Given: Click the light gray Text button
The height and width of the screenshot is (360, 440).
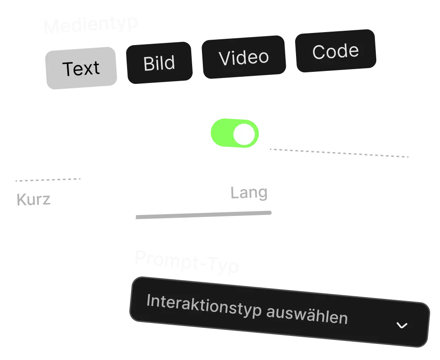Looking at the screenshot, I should (81, 69).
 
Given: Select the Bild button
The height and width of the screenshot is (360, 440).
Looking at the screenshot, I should (159, 63).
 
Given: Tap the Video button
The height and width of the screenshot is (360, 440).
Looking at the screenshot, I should (243, 58).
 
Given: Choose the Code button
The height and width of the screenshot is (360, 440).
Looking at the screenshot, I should (335, 52).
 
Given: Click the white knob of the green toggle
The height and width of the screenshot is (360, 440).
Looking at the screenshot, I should (245, 134).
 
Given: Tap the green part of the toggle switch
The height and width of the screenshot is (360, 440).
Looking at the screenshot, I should (222, 133).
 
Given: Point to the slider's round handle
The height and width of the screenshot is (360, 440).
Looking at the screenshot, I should (129, 217).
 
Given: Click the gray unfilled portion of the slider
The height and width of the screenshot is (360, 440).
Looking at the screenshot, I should (205, 215).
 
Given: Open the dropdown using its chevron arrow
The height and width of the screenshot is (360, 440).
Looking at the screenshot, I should (402, 325).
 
